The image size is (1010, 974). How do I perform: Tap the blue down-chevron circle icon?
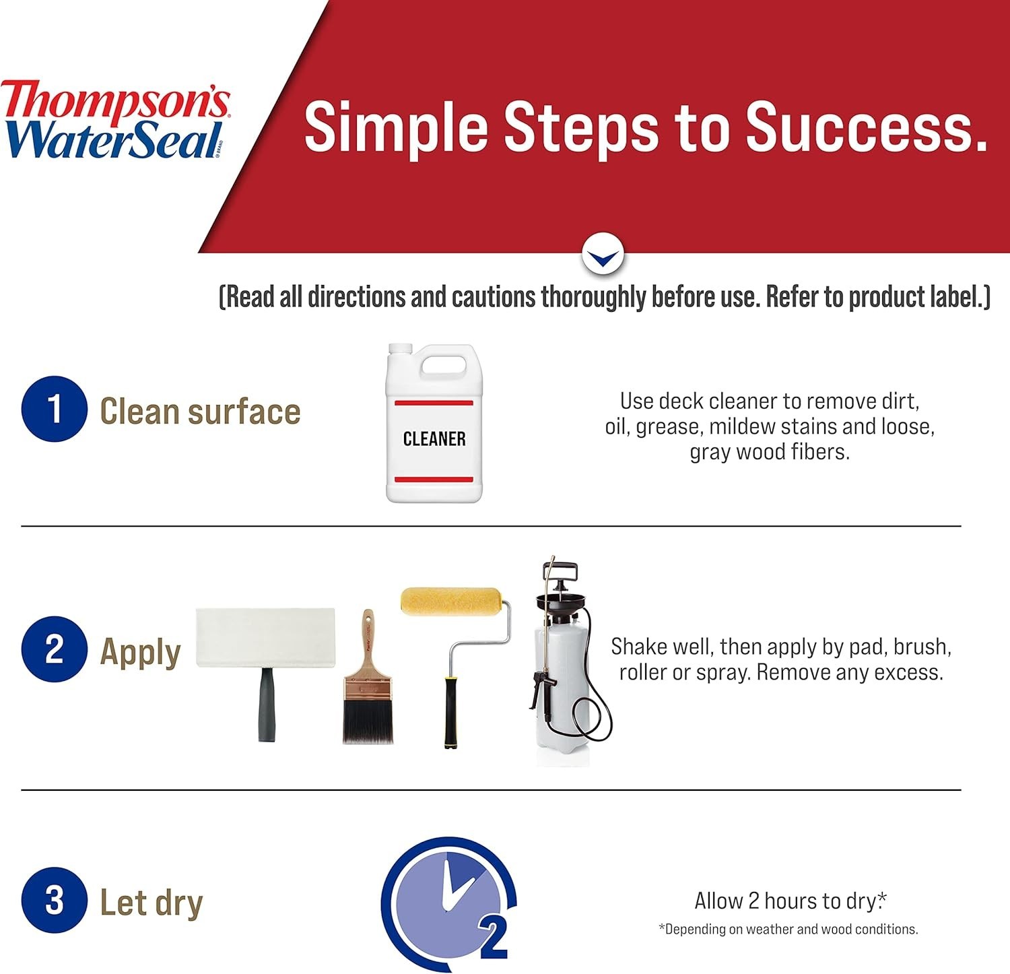click(x=603, y=255)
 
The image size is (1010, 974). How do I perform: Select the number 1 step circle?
click(x=55, y=409)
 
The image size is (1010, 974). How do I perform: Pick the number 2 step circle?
click(x=55, y=649)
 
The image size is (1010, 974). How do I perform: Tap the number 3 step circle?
click(x=55, y=900)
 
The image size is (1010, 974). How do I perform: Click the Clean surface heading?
click(x=200, y=411)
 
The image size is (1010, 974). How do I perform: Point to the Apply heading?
click(x=140, y=653)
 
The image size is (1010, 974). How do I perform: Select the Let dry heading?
click(x=151, y=903)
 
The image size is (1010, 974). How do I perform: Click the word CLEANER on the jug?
click(x=434, y=439)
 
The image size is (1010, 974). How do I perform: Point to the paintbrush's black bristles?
click(x=368, y=721)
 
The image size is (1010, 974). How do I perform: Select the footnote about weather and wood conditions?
click(x=788, y=929)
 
